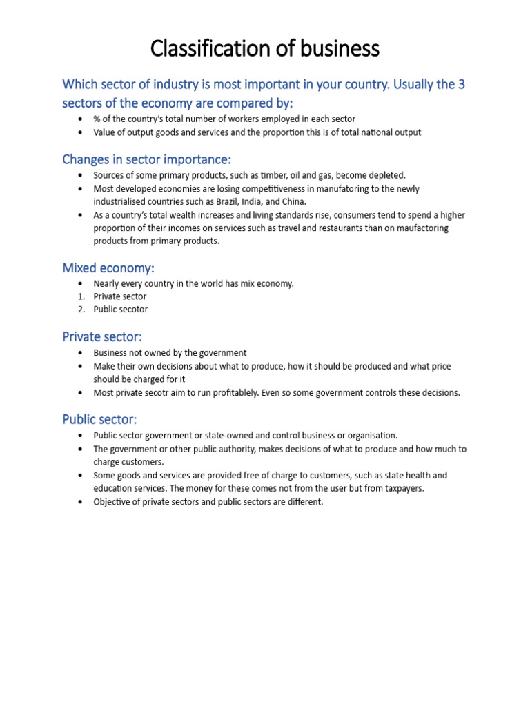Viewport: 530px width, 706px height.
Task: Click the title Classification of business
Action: coord(265,49)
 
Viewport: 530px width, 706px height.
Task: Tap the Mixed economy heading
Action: coord(108,268)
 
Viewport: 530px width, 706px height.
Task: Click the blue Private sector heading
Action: coord(102,336)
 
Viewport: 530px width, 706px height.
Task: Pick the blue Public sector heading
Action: coord(100,419)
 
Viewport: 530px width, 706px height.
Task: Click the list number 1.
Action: coord(81,296)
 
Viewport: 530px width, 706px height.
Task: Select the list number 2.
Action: coord(81,310)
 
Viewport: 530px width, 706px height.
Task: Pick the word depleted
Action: coord(388,175)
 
